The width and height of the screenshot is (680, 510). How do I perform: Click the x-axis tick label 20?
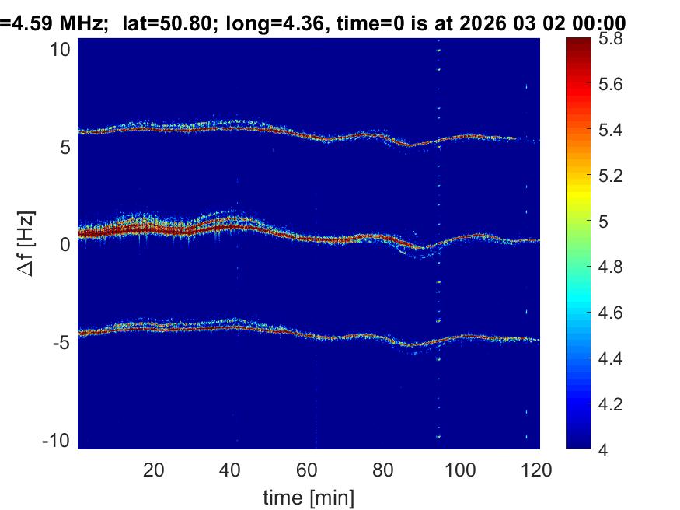(x=153, y=470)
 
